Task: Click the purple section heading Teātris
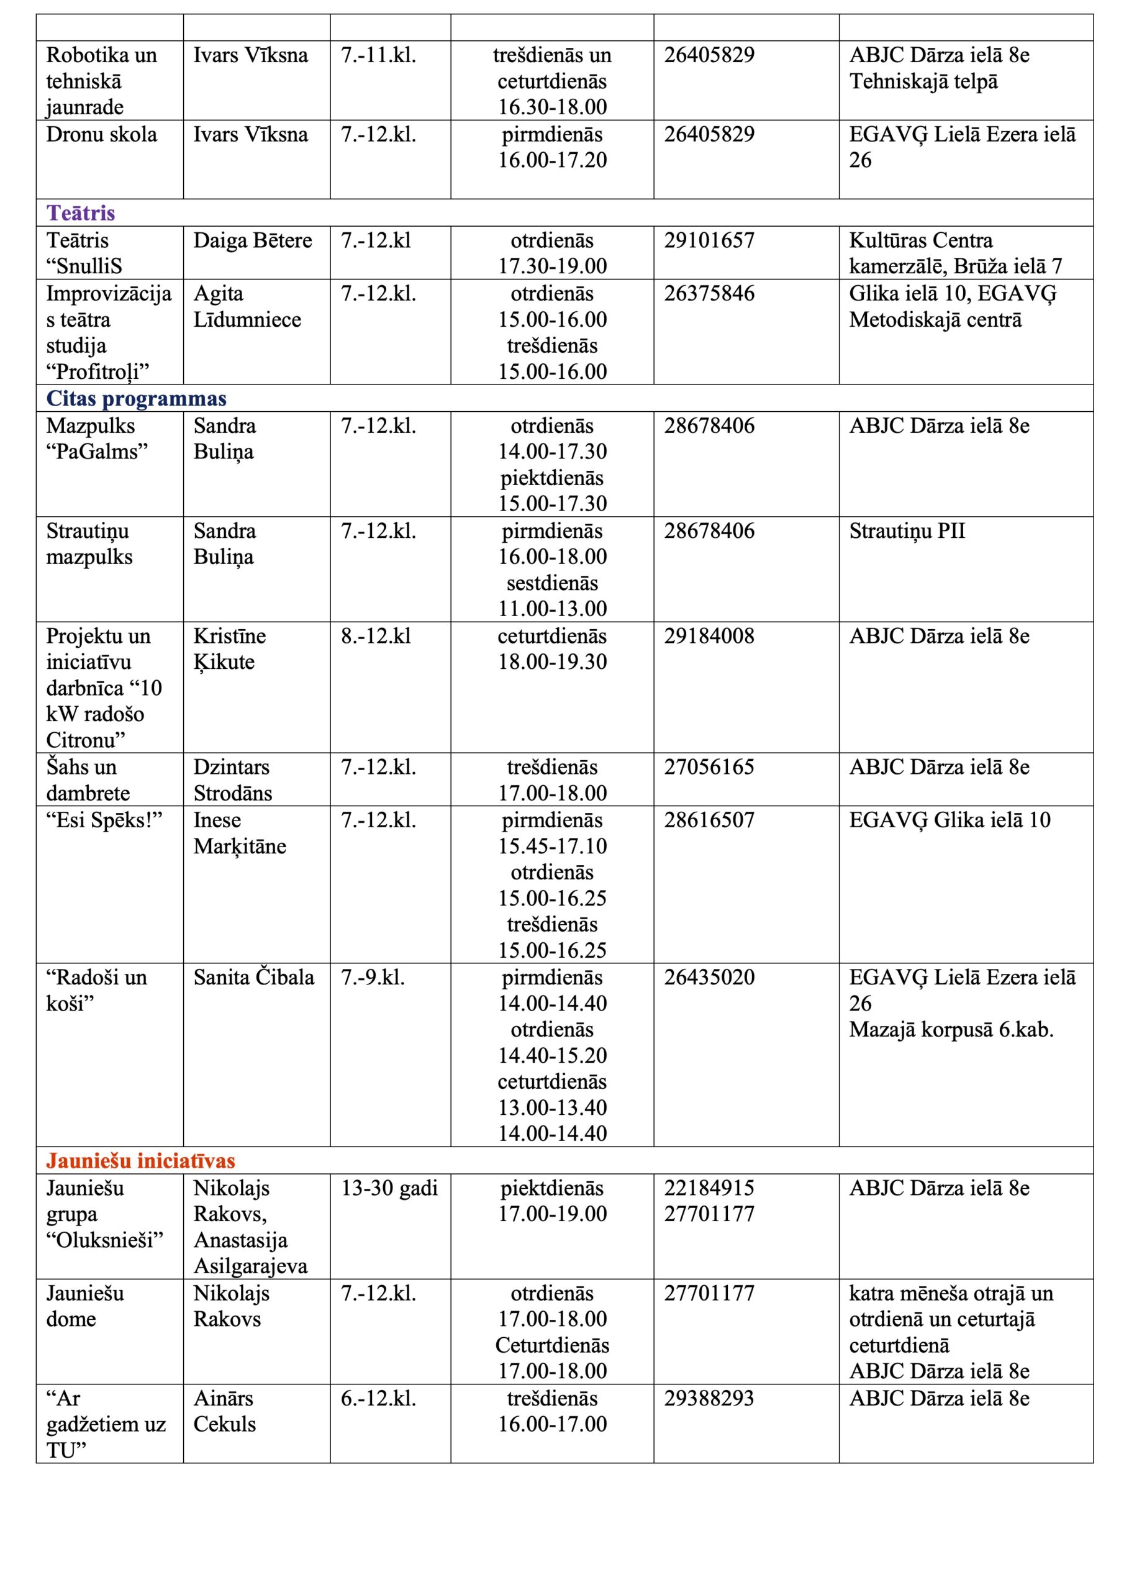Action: click(x=80, y=212)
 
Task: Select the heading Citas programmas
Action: click(x=137, y=398)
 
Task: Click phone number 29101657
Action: click(x=709, y=240)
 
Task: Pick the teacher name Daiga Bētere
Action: click(x=253, y=240)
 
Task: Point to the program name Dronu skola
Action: click(x=102, y=134)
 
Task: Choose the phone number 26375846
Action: click(x=709, y=294)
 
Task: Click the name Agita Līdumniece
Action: click(x=247, y=306)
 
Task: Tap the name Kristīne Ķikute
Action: click(x=229, y=648)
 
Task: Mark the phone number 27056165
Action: click(x=709, y=766)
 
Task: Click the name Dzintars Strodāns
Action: click(x=233, y=779)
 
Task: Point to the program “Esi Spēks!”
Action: click(x=104, y=820)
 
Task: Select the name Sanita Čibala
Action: click(x=253, y=977)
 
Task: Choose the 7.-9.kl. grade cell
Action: click(x=373, y=977)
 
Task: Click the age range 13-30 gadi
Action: click(x=389, y=1188)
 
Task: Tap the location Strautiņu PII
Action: click(x=907, y=530)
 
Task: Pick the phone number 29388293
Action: click(x=709, y=1398)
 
